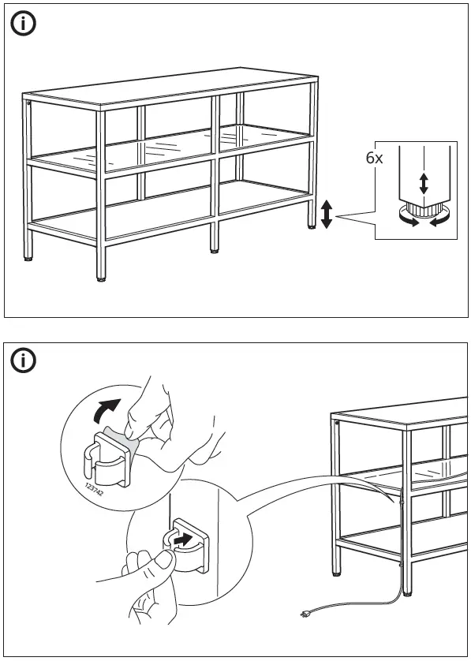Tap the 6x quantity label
374,158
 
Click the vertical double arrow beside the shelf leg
327,214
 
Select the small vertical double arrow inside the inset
424,185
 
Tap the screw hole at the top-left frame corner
29,103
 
